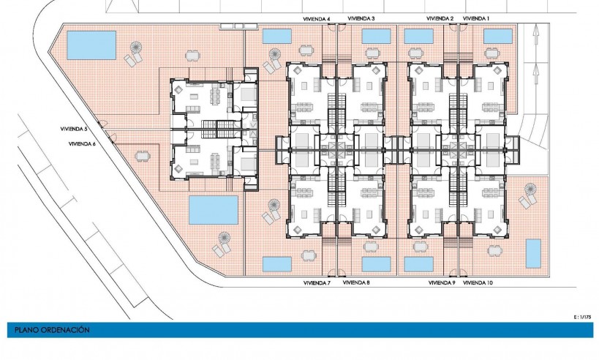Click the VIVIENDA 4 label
[317, 18]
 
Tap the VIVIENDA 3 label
[361, 18]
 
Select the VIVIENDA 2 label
[440, 18]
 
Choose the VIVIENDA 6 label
[81, 144]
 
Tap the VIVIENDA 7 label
[317, 282]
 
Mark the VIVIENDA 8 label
[356, 282]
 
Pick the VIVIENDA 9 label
[442, 282]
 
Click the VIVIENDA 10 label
[478, 282]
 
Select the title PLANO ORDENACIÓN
[52, 330]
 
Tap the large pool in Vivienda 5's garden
[91, 45]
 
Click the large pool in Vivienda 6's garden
[213, 210]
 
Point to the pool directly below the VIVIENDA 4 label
[276, 36]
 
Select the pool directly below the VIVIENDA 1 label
[497, 36]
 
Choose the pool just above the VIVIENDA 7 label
[276, 263]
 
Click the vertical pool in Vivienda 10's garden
[533, 253]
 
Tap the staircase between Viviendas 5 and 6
[213, 130]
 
